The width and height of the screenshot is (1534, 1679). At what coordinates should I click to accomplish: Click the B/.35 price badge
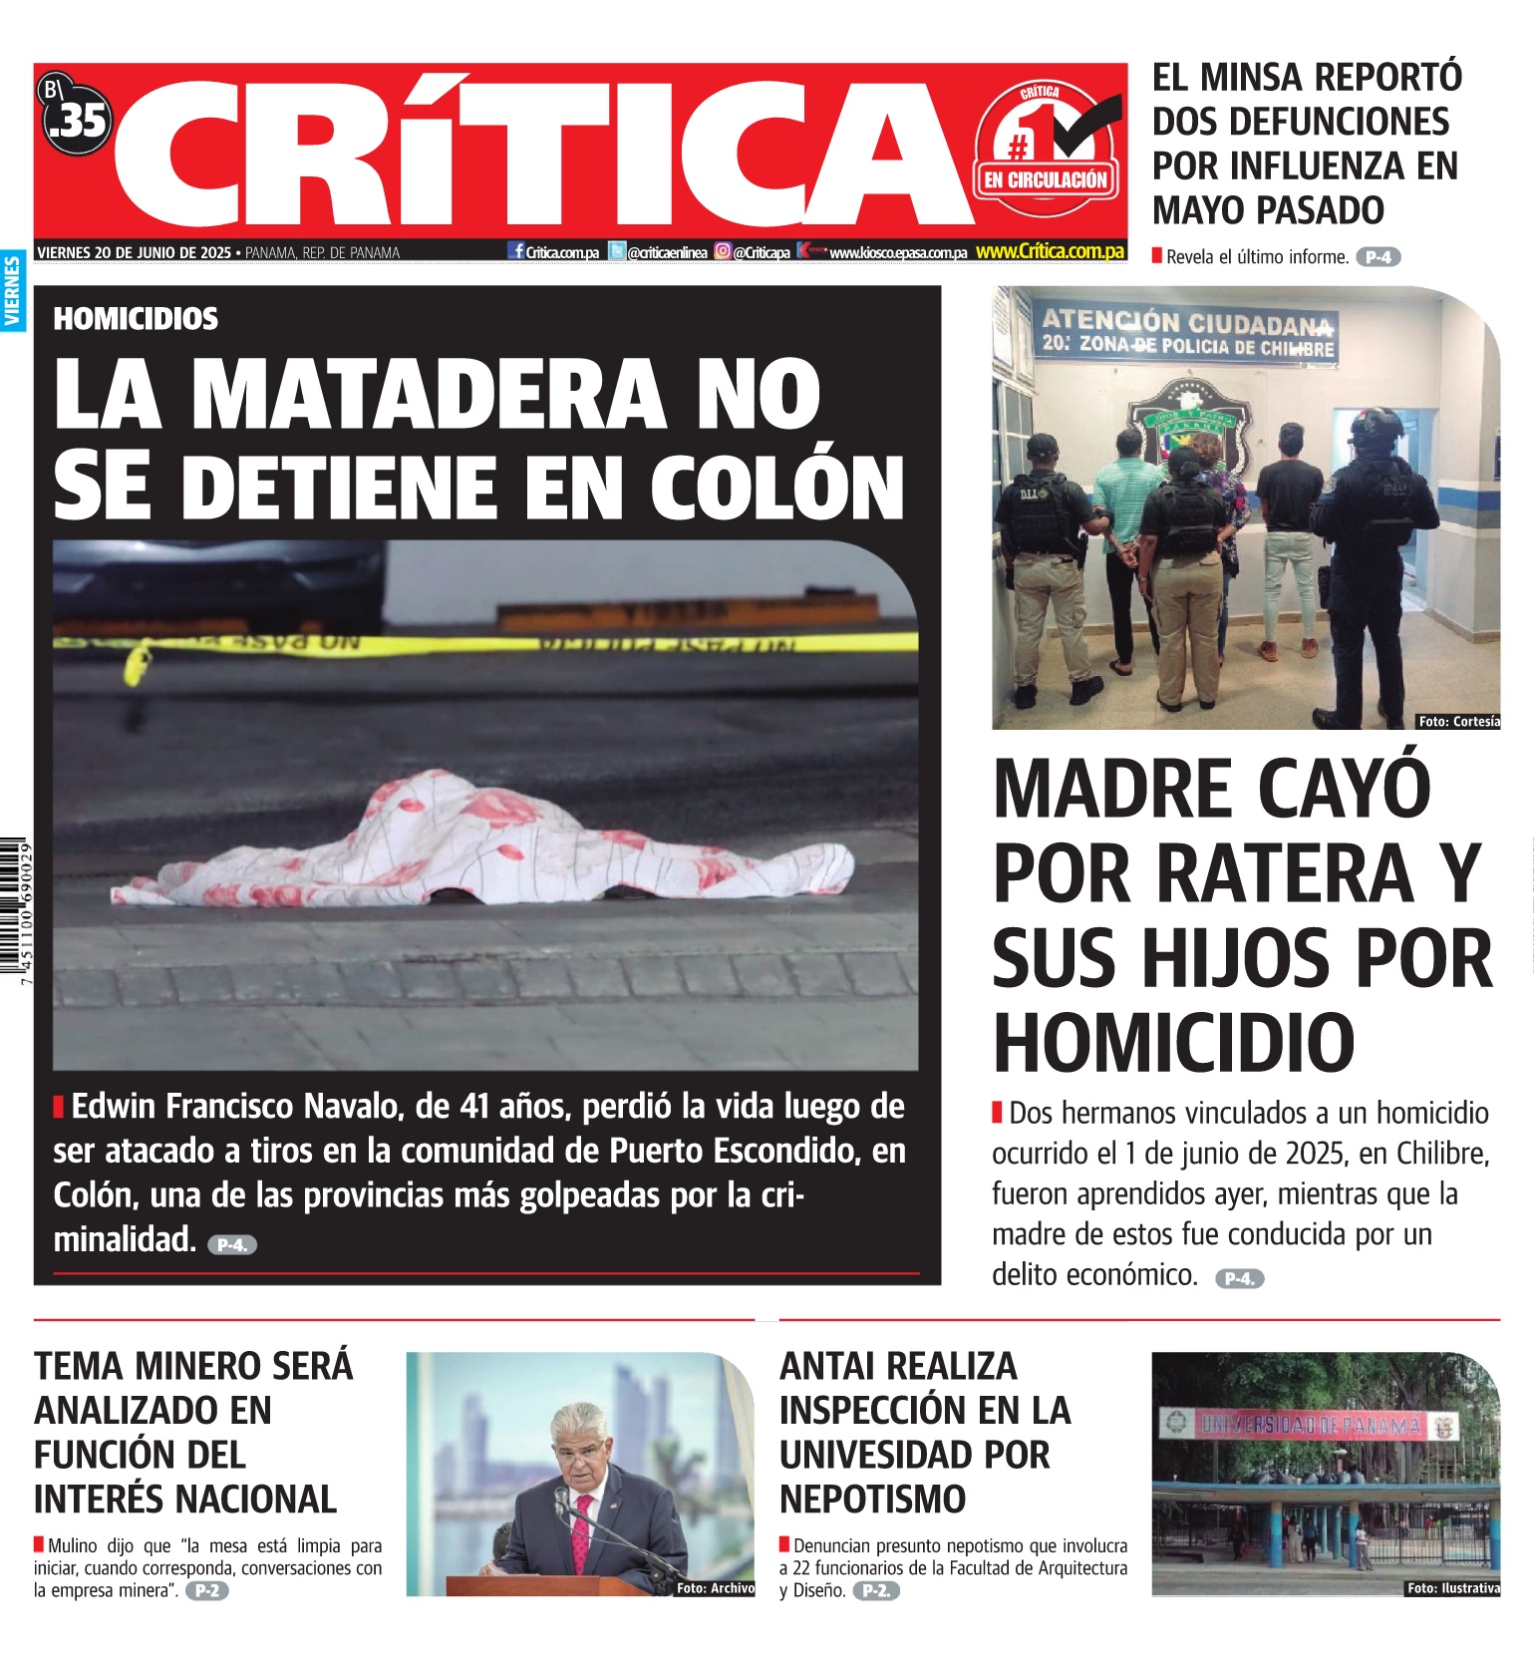point(75,117)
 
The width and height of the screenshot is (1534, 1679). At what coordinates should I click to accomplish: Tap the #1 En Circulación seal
point(1046,150)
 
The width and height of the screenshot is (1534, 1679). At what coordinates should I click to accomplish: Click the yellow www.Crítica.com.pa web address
point(1050,252)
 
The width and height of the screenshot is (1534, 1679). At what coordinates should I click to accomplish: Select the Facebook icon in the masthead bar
point(516,251)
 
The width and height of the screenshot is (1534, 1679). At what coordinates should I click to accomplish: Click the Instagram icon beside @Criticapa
point(723,252)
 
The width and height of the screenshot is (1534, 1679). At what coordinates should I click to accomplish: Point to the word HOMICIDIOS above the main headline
point(136,319)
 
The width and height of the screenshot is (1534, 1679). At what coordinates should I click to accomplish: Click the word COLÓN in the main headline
point(776,488)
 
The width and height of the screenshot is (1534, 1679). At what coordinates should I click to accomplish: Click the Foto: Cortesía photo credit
point(1457,721)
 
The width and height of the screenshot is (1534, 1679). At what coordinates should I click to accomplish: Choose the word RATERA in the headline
point(1286,873)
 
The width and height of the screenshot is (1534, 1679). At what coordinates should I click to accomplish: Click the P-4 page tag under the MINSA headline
point(1378,257)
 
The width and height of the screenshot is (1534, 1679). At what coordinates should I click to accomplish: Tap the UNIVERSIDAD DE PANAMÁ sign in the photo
point(1311,1425)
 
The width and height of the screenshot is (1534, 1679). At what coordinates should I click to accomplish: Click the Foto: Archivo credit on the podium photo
point(715,1588)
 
